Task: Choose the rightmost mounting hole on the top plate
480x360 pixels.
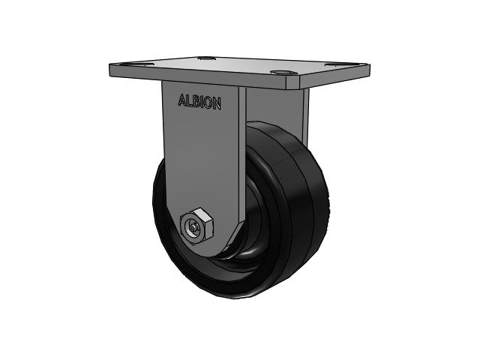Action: [x=329, y=66]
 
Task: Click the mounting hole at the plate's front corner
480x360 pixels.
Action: [x=282, y=74]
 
